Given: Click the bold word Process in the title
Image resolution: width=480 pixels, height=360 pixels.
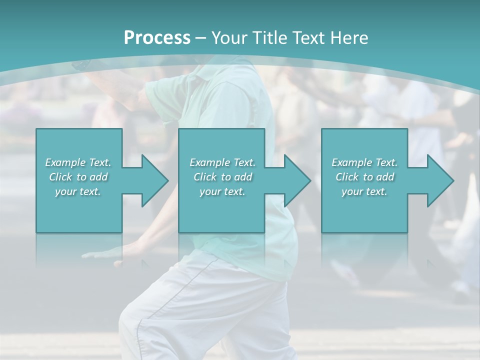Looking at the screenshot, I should click(x=157, y=37).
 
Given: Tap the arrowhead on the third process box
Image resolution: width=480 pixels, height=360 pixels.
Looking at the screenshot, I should click(x=439, y=180).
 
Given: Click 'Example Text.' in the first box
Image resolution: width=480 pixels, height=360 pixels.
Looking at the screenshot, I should click(x=78, y=162).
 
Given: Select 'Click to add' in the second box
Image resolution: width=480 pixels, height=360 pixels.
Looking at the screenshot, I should click(x=222, y=177).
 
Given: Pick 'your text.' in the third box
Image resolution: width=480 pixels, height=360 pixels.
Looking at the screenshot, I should click(x=364, y=191).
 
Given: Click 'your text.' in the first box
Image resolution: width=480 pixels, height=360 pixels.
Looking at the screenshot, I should click(x=78, y=191).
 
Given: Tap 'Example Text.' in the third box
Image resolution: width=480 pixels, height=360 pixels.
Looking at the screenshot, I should click(x=364, y=162).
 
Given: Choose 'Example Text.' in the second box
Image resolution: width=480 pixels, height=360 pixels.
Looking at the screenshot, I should click(x=222, y=162).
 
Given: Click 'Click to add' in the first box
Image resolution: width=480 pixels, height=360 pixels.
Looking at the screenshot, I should click(x=78, y=177).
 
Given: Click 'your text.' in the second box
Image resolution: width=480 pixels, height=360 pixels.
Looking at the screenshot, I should click(x=222, y=191).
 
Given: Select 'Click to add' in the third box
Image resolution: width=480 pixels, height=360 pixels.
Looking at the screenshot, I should click(x=364, y=177).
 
